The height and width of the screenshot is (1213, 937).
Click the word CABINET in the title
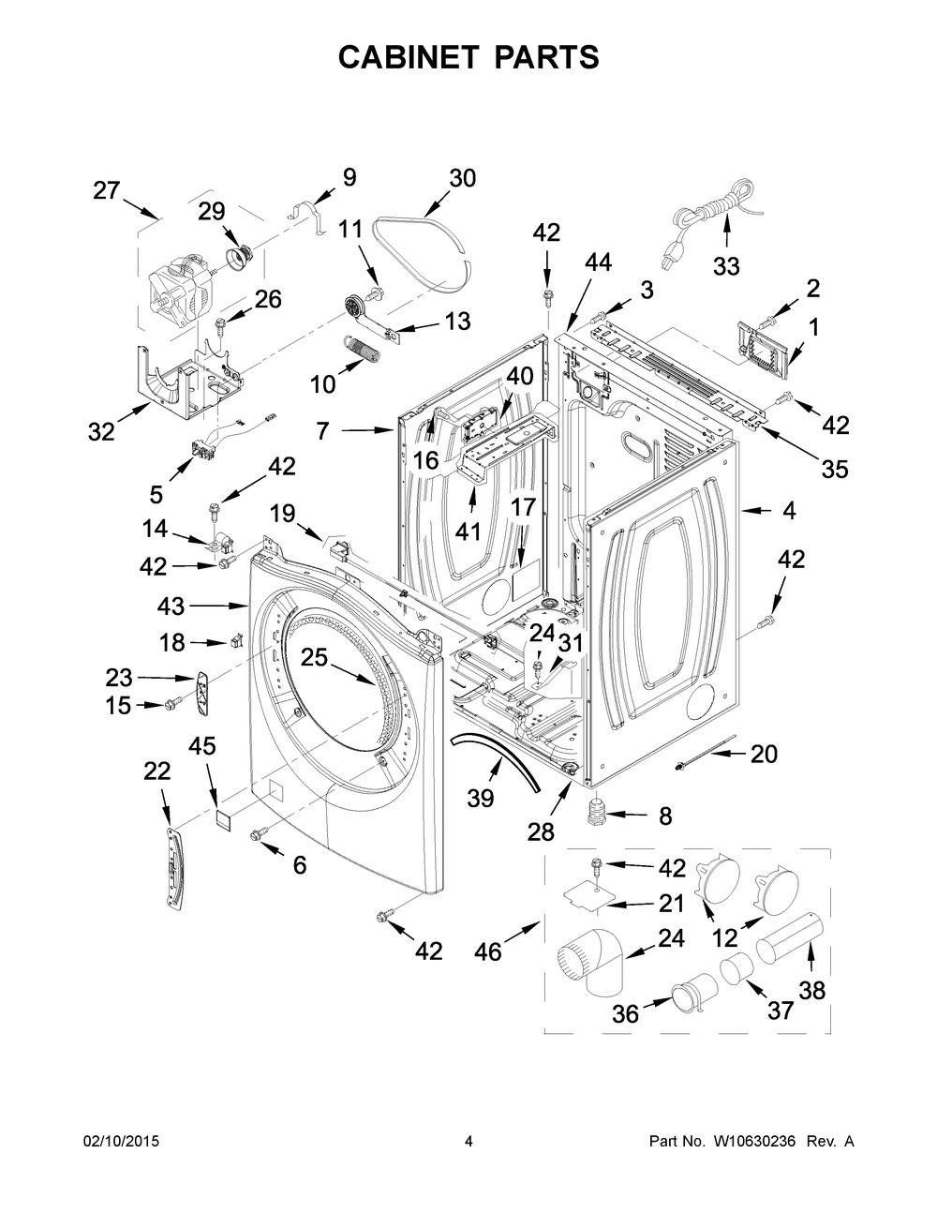point(409,57)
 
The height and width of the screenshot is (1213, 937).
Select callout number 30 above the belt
point(462,178)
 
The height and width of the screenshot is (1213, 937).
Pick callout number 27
point(107,190)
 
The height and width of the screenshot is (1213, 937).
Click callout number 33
point(726,267)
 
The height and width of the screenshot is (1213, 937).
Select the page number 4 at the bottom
point(468,1141)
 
